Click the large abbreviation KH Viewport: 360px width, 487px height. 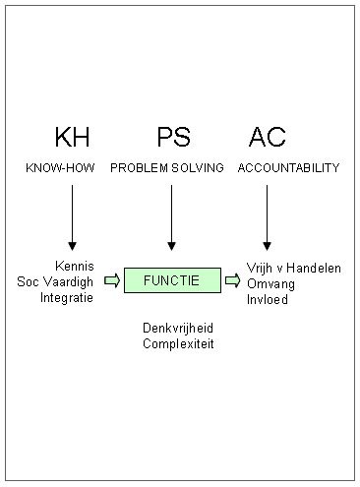click(x=71, y=137)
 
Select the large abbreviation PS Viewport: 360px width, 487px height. click(x=172, y=137)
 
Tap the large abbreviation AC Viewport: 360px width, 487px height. click(x=267, y=137)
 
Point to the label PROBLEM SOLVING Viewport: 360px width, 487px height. click(x=167, y=168)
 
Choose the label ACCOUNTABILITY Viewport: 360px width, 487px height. click(x=288, y=168)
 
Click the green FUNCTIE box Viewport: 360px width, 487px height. click(x=171, y=280)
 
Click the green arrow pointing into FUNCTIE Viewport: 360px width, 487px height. click(x=111, y=280)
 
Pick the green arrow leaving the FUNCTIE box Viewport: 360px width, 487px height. click(x=232, y=280)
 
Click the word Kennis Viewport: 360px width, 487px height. click(x=75, y=266)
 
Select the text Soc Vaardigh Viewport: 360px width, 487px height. click(x=55, y=281)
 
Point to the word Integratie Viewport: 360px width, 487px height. click(x=67, y=297)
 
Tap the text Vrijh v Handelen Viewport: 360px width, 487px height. click(x=292, y=266)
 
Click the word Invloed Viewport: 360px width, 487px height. click(x=267, y=297)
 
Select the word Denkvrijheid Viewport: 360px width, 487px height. click(x=178, y=328)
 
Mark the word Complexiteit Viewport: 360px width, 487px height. click(x=178, y=343)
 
